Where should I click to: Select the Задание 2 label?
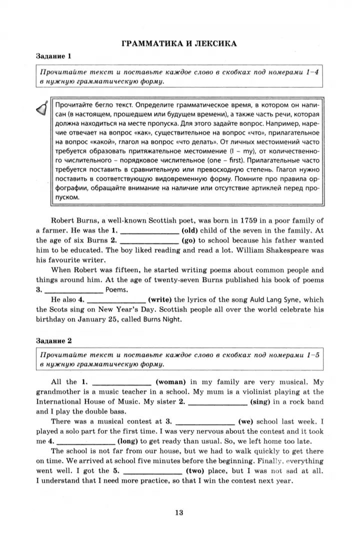pos(54,340)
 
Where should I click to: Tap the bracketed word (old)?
pos(192,230)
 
